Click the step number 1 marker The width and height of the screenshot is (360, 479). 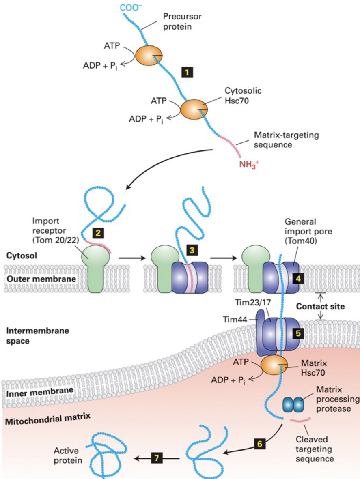point(187,73)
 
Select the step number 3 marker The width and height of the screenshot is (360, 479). point(191,250)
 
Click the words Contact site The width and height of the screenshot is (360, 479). point(320,306)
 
